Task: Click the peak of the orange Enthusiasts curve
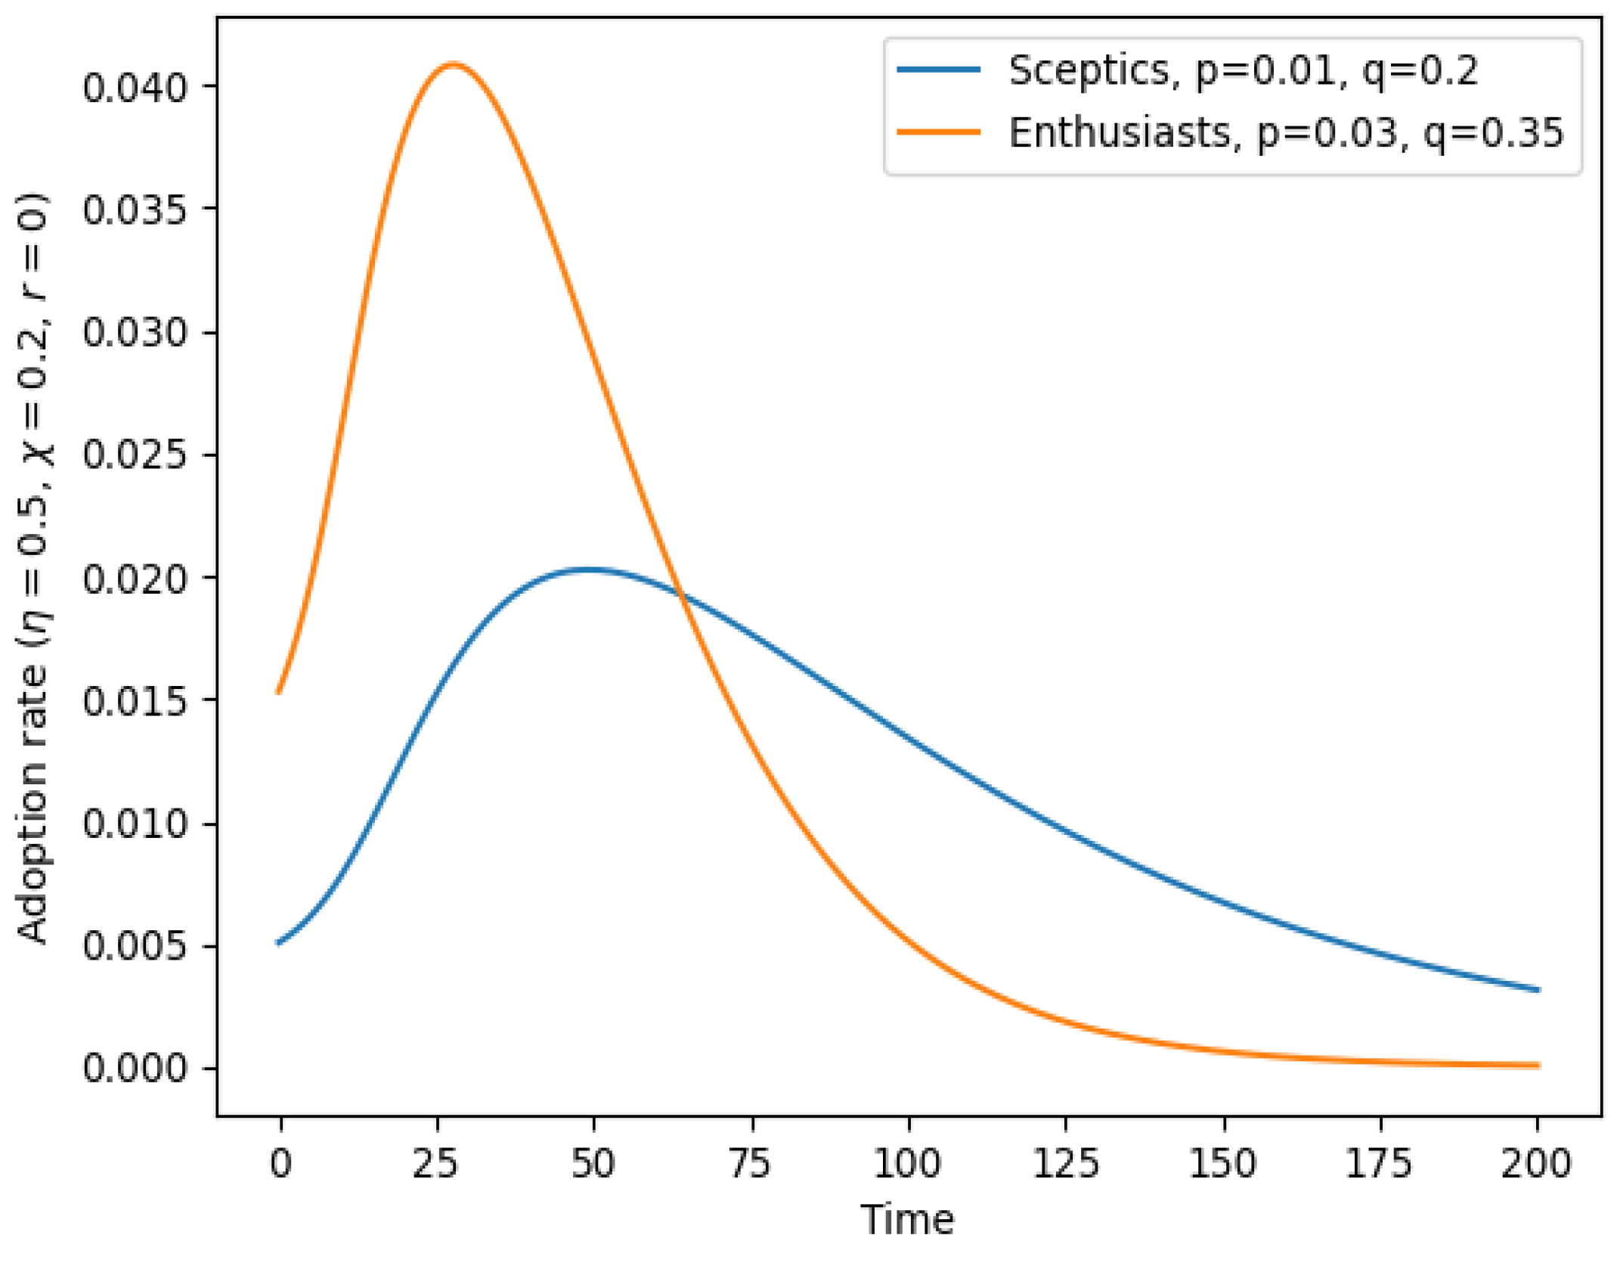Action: click(x=452, y=64)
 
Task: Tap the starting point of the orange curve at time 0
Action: click(x=279, y=691)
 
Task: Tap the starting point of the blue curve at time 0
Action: click(x=279, y=943)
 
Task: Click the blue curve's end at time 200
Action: click(x=1538, y=990)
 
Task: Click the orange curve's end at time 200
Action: click(x=1538, y=1066)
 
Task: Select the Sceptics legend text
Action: click(x=1242, y=71)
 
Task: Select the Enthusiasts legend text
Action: click(x=1285, y=134)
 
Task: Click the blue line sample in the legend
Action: click(x=938, y=70)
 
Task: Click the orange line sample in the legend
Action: click(x=938, y=132)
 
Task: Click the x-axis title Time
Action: click(x=907, y=1220)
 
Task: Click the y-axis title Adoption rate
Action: click(x=33, y=567)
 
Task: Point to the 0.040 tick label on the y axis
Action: click(x=134, y=88)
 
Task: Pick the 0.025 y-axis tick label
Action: click(x=134, y=455)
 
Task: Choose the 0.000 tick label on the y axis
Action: click(x=134, y=1069)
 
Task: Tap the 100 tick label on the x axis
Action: click(x=907, y=1162)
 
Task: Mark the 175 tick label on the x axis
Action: click(x=1380, y=1162)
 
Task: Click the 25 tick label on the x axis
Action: click(x=436, y=1162)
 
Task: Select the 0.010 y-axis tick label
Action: click(x=134, y=824)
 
